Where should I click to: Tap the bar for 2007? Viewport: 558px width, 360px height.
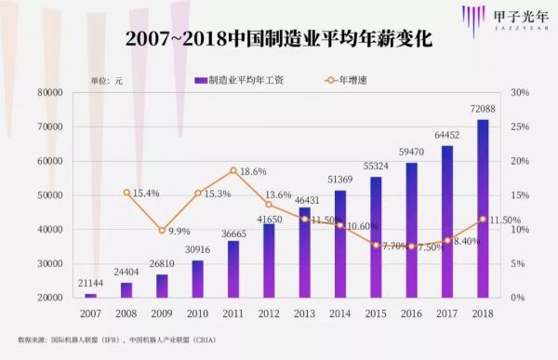click(90, 295)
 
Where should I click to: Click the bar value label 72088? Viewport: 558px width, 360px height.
click(483, 111)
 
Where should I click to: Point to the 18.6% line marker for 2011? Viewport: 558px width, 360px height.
click(233, 171)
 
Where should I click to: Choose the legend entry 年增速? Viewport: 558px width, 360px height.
click(350, 80)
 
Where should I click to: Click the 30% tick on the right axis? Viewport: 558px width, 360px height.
click(521, 93)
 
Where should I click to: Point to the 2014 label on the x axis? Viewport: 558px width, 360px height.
click(340, 313)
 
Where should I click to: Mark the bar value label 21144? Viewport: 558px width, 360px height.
click(90, 284)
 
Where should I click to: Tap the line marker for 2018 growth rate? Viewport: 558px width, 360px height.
click(483, 220)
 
